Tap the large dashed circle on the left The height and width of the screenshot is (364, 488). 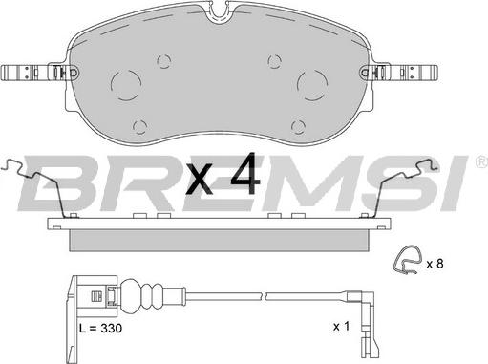(111, 85)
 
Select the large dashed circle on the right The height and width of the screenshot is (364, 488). (298, 85)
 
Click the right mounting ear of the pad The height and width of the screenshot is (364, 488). (399, 73)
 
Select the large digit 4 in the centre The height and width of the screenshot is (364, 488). (245, 174)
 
